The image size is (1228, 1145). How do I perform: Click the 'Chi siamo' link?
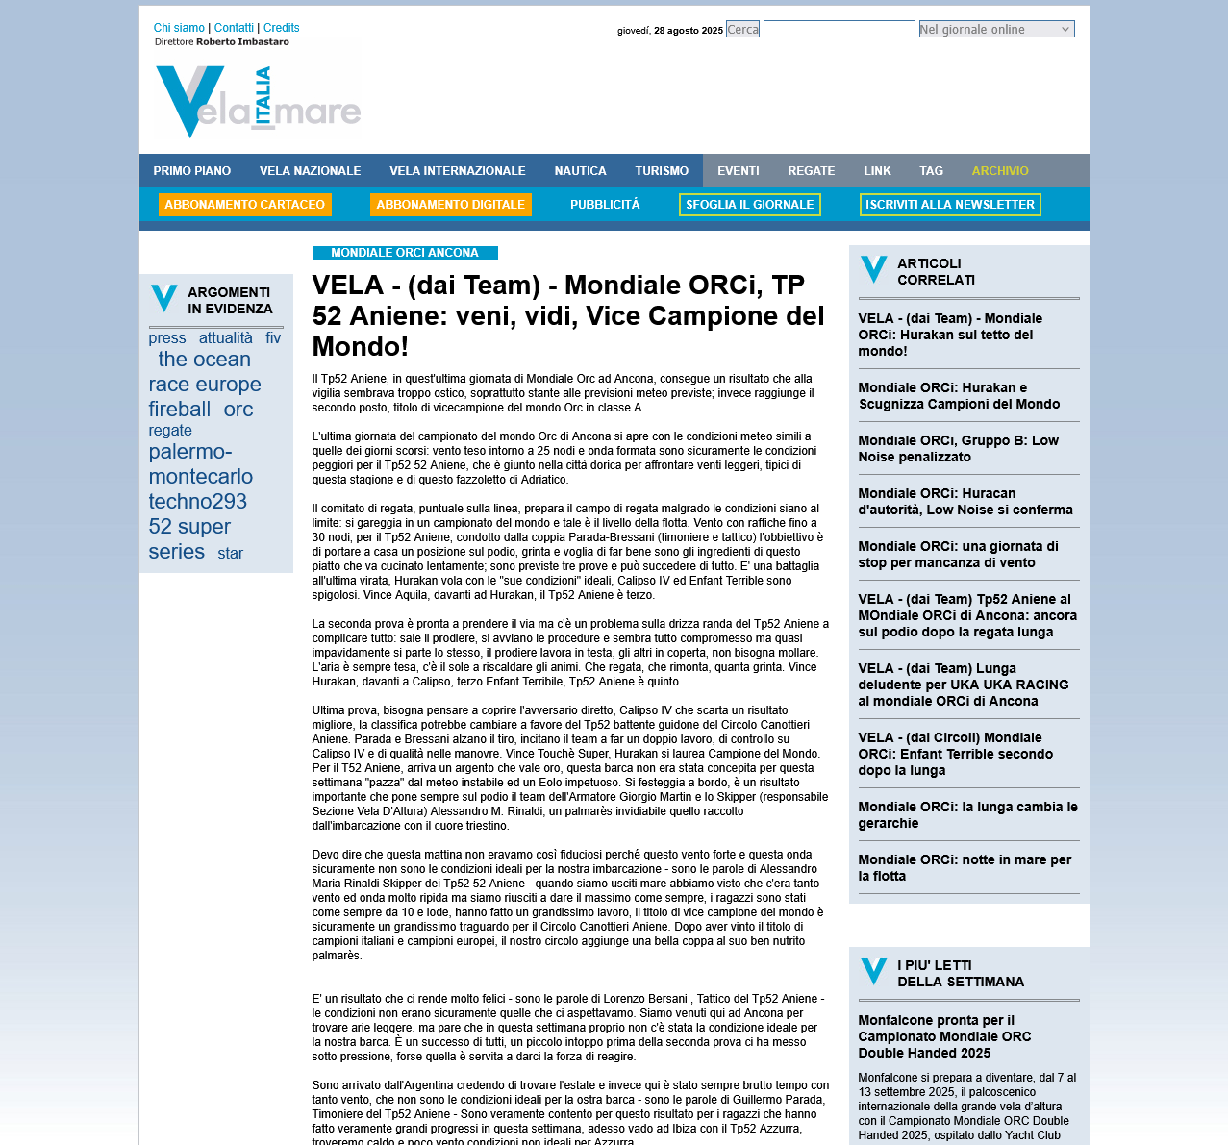(x=179, y=28)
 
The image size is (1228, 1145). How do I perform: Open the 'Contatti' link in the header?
(x=234, y=28)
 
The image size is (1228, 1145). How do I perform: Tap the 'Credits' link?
(x=281, y=28)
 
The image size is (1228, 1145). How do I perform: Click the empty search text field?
(x=839, y=30)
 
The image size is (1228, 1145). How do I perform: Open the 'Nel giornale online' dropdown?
(x=996, y=30)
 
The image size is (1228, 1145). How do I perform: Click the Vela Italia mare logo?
(x=258, y=102)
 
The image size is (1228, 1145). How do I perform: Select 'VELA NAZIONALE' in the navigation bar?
(x=310, y=171)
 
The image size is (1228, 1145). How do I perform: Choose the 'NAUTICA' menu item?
(x=580, y=171)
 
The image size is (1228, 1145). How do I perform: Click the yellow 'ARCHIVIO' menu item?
(x=1000, y=171)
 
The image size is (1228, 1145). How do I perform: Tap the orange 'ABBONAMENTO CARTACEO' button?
(x=244, y=205)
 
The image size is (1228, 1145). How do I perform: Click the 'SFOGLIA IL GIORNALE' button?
(x=749, y=205)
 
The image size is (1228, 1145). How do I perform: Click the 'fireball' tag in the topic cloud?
(x=180, y=410)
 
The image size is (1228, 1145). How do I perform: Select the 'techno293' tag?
(x=197, y=502)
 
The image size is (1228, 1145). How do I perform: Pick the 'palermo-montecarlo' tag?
(x=200, y=464)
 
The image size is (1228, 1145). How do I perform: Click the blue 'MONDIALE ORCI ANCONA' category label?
(x=405, y=253)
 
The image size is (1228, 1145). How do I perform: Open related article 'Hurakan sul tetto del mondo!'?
(x=950, y=335)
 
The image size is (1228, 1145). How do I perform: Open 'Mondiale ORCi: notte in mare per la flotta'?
(x=965, y=868)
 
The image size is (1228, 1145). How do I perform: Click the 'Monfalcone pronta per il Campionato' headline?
(x=944, y=1036)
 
